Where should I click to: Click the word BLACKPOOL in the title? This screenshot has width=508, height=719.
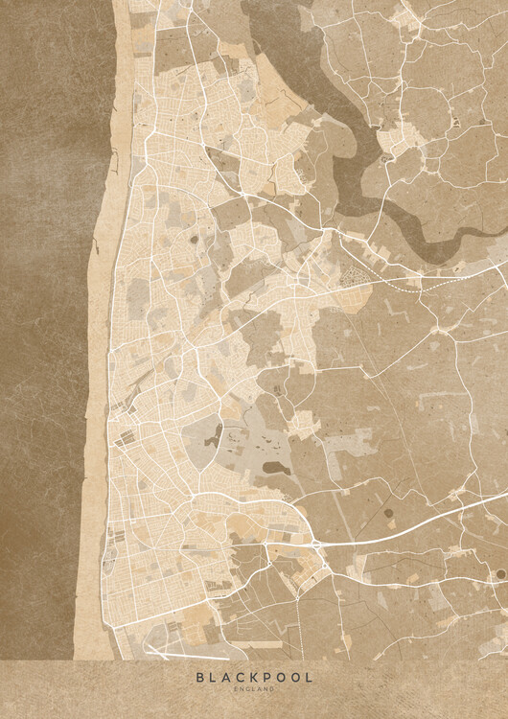coord(254,677)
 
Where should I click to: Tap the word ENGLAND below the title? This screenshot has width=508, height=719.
coord(254,689)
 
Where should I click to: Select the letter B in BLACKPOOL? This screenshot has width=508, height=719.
coord(199,677)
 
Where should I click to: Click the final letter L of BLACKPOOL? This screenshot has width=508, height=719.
coord(309,677)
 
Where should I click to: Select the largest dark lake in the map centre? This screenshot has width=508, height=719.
coord(275,469)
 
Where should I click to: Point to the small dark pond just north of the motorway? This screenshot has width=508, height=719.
coord(389,513)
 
